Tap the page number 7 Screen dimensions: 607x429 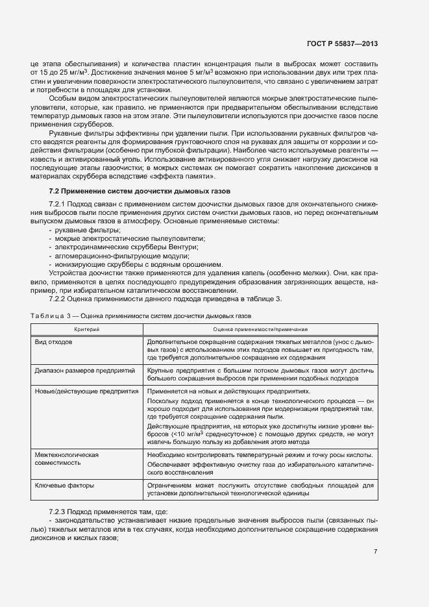[x=376, y=552]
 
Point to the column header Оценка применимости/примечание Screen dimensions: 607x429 [x=260, y=330]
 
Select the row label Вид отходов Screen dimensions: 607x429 [x=54, y=341]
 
